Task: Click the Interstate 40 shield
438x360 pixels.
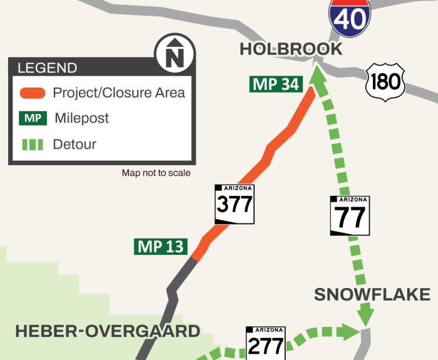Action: [350, 17]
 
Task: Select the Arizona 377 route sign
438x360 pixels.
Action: [235, 204]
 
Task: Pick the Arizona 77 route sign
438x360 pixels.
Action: [350, 216]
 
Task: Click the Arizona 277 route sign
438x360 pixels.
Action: [266, 343]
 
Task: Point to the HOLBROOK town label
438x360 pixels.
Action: [291, 49]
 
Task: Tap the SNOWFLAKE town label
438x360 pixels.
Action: [372, 294]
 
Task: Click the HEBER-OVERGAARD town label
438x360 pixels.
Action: [107, 331]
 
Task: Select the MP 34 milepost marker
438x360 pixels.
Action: [276, 84]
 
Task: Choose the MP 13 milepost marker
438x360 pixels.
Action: [161, 247]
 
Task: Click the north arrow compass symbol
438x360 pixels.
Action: [175, 54]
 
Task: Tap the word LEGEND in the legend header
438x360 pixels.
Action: [48, 68]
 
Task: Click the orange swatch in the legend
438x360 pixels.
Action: [33, 93]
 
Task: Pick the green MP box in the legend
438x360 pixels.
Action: [33, 118]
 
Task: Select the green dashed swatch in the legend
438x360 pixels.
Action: [33, 145]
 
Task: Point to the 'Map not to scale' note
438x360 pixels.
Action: [156, 173]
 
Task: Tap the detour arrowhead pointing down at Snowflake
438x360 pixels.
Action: [366, 316]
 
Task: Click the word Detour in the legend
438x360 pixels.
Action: [75, 145]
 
